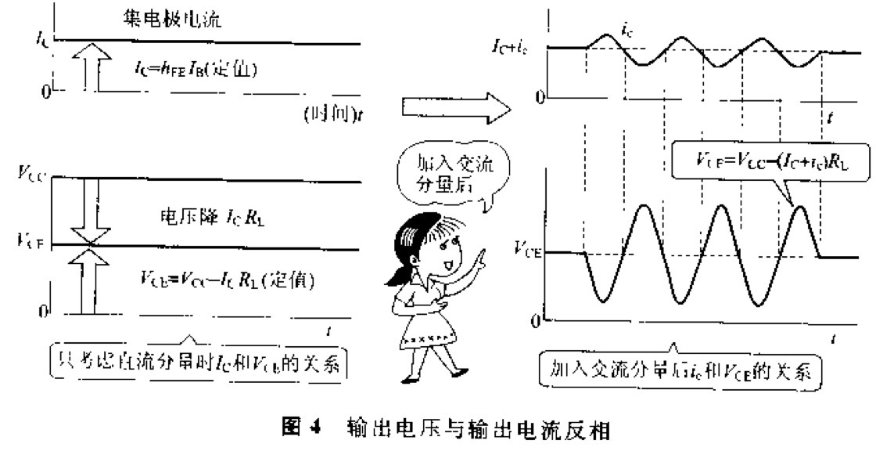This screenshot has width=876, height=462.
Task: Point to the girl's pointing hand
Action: coord(479,258)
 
